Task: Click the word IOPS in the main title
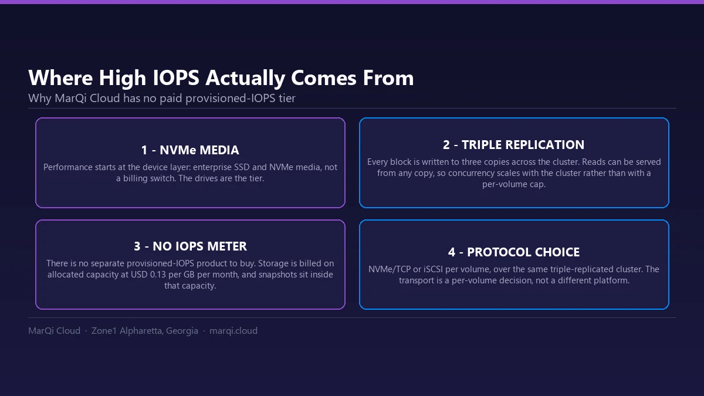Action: coord(176,77)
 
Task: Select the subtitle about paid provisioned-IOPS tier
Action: coord(162,99)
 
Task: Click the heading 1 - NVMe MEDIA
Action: coord(190,150)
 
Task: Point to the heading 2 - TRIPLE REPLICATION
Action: coord(514,145)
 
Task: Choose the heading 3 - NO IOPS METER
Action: coord(190,246)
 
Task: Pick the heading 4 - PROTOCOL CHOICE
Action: coord(514,252)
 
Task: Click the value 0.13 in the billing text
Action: coord(158,275)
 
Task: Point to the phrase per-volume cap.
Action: coord(514,184)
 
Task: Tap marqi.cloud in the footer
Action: coord(233,331)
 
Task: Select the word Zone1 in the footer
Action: coord(104,331)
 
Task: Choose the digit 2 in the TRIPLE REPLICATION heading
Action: coord(446,145)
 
